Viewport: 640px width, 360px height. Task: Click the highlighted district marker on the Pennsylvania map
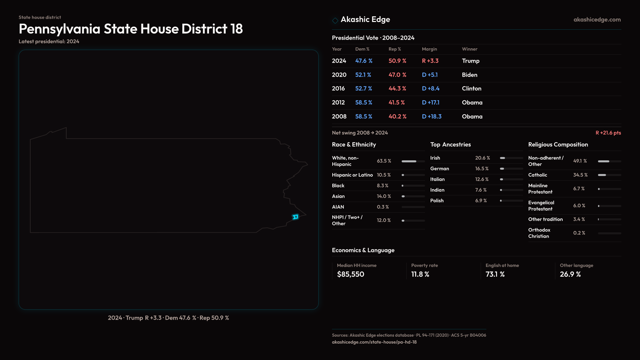point(295,217)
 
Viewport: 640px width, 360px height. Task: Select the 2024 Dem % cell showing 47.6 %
point(364,61)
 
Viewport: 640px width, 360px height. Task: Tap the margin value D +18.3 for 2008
point(431,117)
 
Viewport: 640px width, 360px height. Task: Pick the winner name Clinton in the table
point(471,89)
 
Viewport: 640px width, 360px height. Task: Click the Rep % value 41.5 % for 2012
point(396,103)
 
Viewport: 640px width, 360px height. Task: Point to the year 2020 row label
point(339,75)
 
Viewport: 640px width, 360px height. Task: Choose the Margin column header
point(429,49)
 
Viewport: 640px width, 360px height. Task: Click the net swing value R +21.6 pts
point(608,133)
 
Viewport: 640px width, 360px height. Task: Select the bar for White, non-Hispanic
point(413,161)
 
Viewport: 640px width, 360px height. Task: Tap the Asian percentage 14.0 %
point(384,196)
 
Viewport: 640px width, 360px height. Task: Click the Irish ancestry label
point(435,158)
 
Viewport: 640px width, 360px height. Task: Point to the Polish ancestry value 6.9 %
point(481,201)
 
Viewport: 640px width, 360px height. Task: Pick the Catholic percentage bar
point(609,175)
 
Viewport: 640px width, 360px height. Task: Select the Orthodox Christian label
point(539,233)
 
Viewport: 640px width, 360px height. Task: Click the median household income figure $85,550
point(350,274)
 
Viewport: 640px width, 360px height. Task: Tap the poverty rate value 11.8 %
point(420,274)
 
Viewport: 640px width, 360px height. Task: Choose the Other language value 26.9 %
point(570,274)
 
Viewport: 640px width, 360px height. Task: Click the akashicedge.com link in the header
point(597,20)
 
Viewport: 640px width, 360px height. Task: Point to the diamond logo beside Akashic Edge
point(335,20)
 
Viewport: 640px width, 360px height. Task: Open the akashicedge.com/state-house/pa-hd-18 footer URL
point(374,342)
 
